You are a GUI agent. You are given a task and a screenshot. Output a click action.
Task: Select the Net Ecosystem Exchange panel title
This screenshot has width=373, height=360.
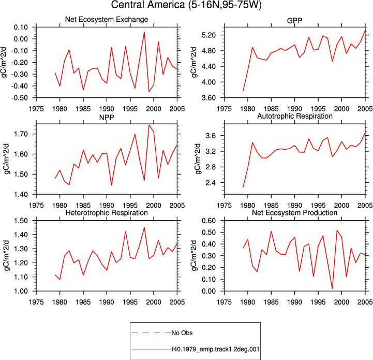coord(107,19)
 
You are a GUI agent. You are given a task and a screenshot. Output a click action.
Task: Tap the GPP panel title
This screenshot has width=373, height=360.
coord(294,21)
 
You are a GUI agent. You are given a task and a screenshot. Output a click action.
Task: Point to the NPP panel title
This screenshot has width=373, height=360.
coord(107,118)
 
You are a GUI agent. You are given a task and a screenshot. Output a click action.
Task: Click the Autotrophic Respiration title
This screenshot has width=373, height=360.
coord(295,116)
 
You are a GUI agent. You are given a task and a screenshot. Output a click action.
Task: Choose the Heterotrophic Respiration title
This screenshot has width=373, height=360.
coord(107,212)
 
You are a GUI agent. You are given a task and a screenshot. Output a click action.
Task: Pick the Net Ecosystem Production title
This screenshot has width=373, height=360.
coord(294,212)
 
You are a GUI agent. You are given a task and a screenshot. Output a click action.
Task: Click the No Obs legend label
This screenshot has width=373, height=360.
coord(182,333)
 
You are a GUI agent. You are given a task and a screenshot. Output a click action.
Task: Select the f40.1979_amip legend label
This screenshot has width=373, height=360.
coord(216,349)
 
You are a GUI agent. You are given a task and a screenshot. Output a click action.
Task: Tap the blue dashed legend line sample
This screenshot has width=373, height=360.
coord(151,333)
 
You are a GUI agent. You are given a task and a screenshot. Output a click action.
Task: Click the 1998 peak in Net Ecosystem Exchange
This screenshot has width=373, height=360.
coord(144,32)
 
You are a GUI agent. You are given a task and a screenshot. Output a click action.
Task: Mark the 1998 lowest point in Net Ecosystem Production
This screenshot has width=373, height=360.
coord(332,289)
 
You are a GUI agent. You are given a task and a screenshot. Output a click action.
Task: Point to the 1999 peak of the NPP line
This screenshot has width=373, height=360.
coord(149,125)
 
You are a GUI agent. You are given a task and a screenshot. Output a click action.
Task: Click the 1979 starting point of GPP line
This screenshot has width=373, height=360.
coord(243,91)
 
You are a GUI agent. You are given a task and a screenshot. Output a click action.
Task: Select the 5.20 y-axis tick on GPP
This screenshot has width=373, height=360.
coord(208,35)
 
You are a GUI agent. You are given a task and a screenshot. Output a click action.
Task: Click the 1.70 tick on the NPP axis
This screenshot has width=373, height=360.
coord(21,134)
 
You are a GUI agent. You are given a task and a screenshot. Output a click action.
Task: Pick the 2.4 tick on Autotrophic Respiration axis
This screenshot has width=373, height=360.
coord(211,183)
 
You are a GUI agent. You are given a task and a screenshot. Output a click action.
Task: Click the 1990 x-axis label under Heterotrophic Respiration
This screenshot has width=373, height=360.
coord(107,302)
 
